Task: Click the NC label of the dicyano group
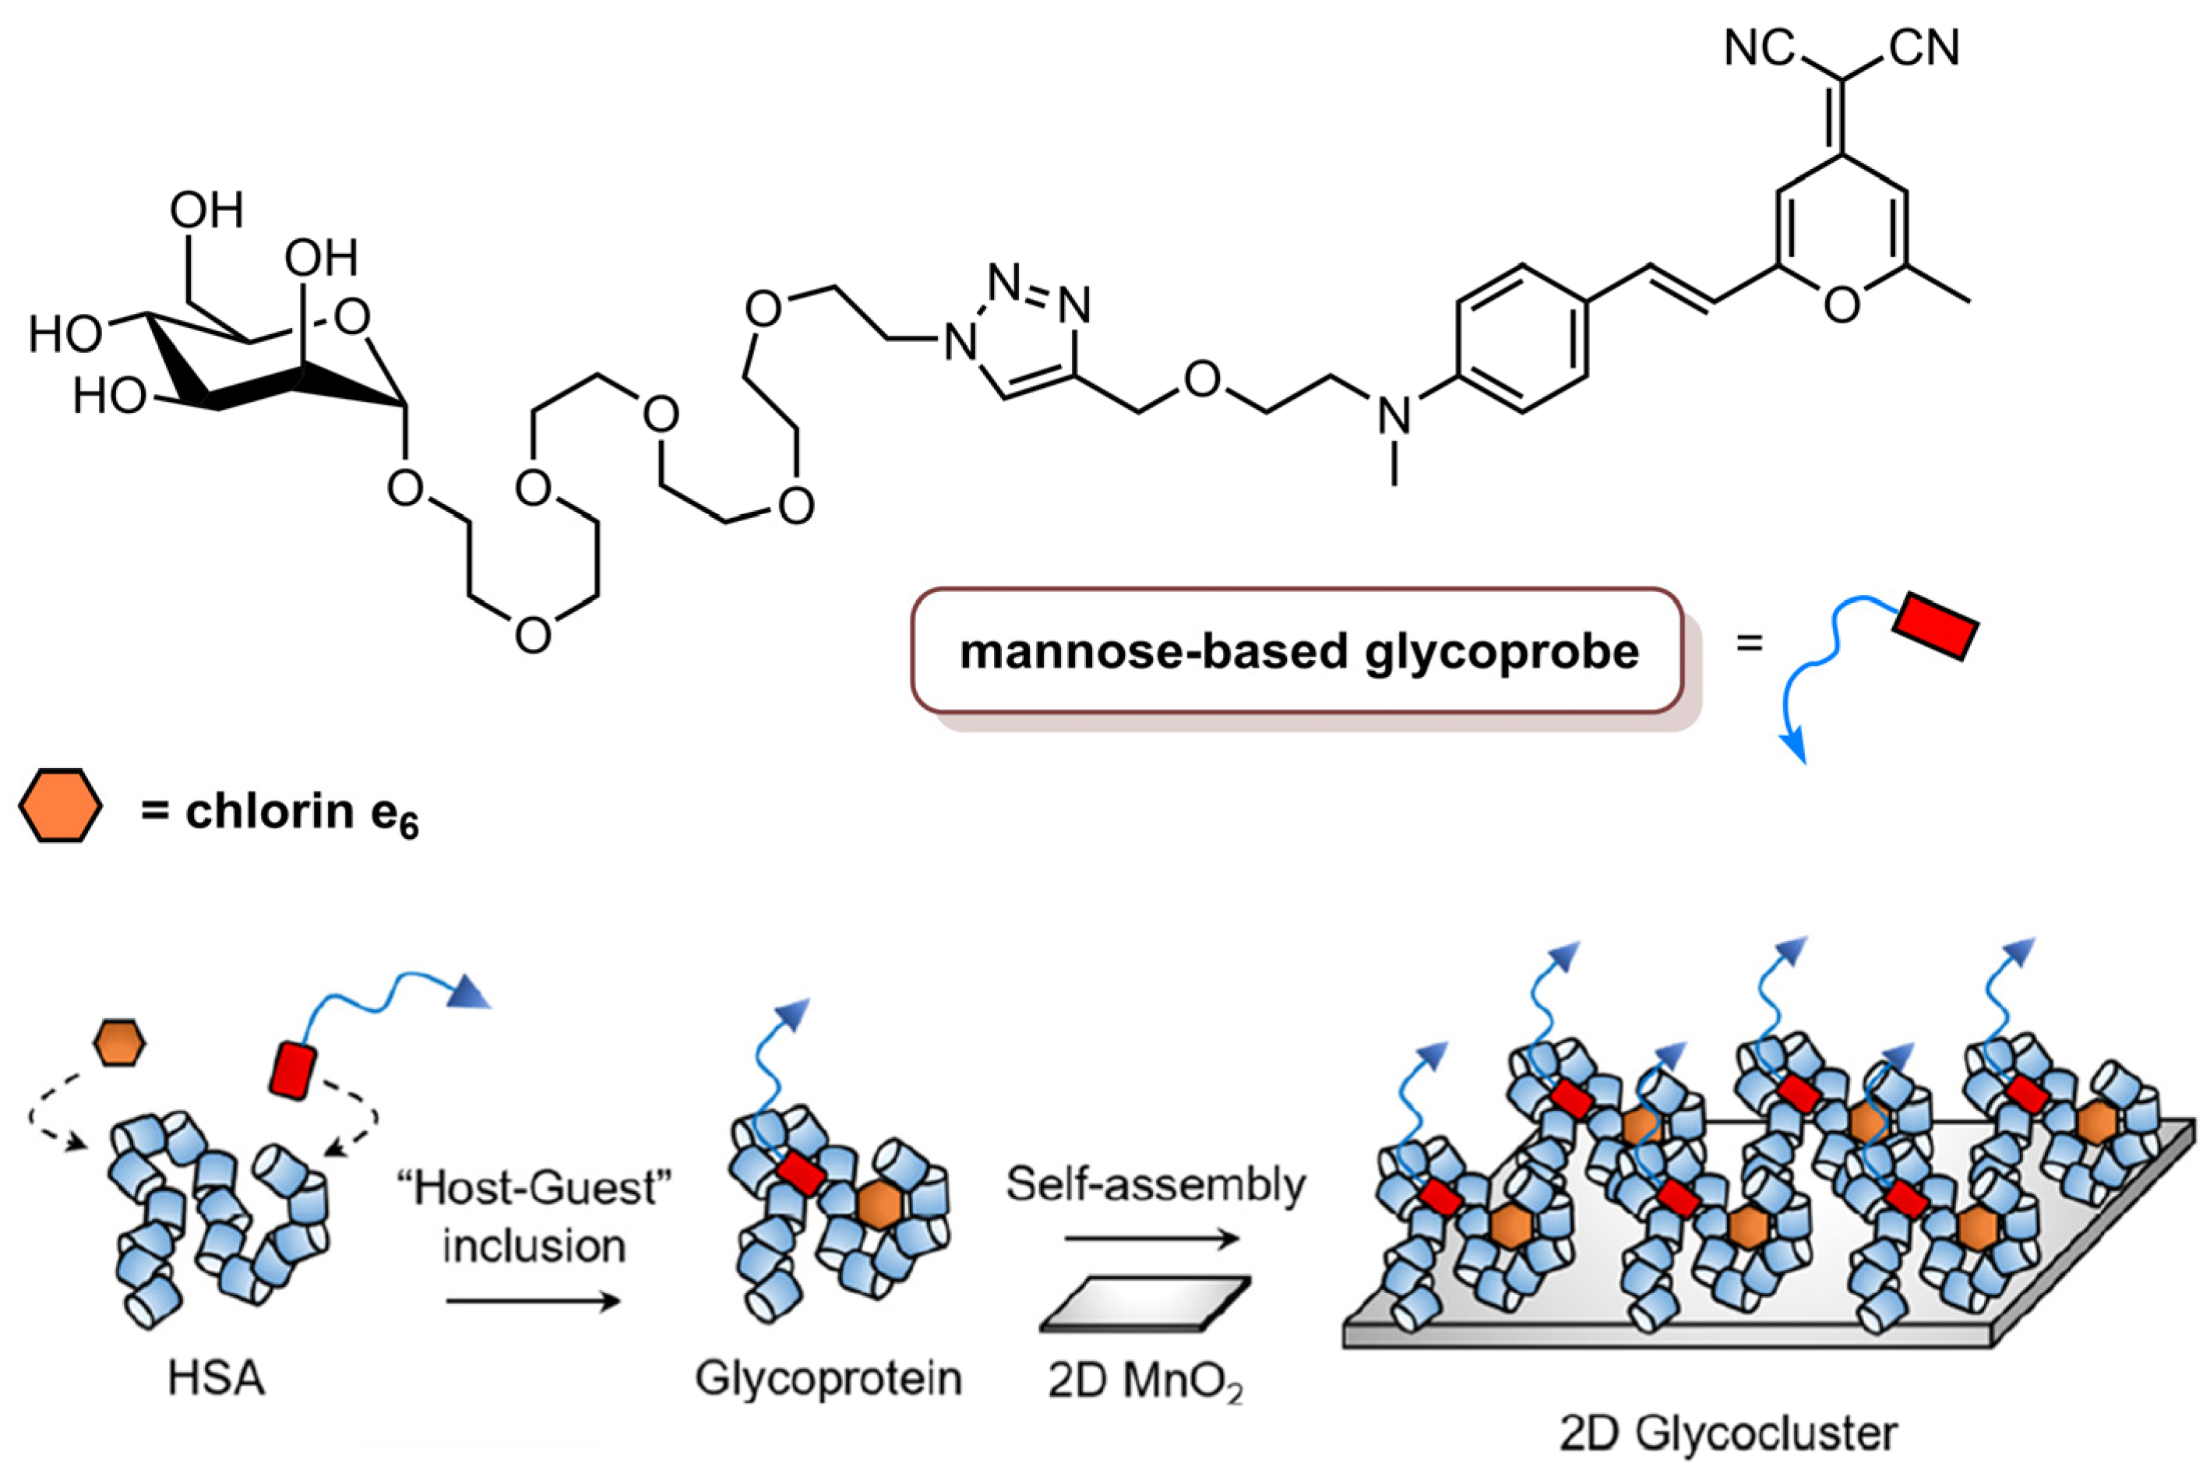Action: click(x=1759, y=48)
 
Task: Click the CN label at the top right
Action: click(x=1925, y=48)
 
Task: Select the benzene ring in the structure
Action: click(x=1521, y=339)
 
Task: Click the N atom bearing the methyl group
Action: click(x=1394, y=415)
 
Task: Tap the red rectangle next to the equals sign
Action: click(x=1936, y=626)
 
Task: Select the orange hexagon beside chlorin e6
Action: click(x=59, y=805)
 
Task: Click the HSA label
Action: click(x=216, y=1378)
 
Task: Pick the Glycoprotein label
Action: click(x=828, y=1378)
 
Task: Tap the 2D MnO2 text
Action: click(x=1144, y=1382)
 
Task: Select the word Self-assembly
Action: click(x=1156, y=1185)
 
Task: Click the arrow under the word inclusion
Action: click(x=533, y=1302)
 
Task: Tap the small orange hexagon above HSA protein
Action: click(x=118, y=1043)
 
